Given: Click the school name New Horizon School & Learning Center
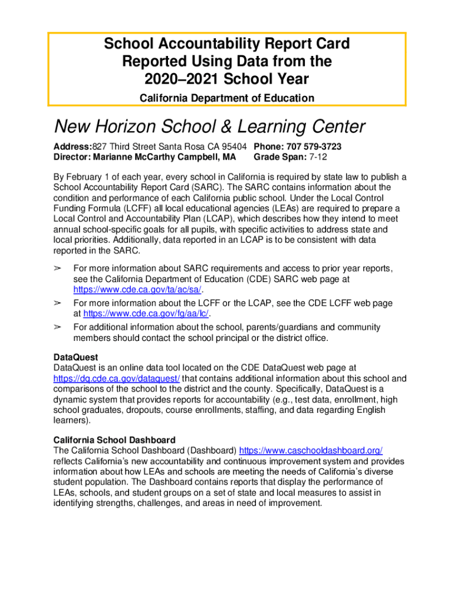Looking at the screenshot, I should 209,126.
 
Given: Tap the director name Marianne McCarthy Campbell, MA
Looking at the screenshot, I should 162,157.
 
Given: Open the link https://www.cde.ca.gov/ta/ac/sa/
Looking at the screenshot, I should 141,290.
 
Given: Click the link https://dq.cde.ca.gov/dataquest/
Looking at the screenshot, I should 117,378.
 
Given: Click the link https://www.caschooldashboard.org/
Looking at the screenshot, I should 311,450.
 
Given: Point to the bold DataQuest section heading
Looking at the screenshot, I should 75,357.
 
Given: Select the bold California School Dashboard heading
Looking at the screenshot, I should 114,440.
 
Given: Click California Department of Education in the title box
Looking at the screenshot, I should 227,98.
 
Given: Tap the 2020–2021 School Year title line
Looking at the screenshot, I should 227,78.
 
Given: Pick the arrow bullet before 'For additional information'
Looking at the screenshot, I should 58,327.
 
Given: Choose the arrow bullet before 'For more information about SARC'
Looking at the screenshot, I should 58,269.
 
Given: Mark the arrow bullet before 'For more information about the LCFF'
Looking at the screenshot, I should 58,303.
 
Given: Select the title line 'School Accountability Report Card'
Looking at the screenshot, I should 227,44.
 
